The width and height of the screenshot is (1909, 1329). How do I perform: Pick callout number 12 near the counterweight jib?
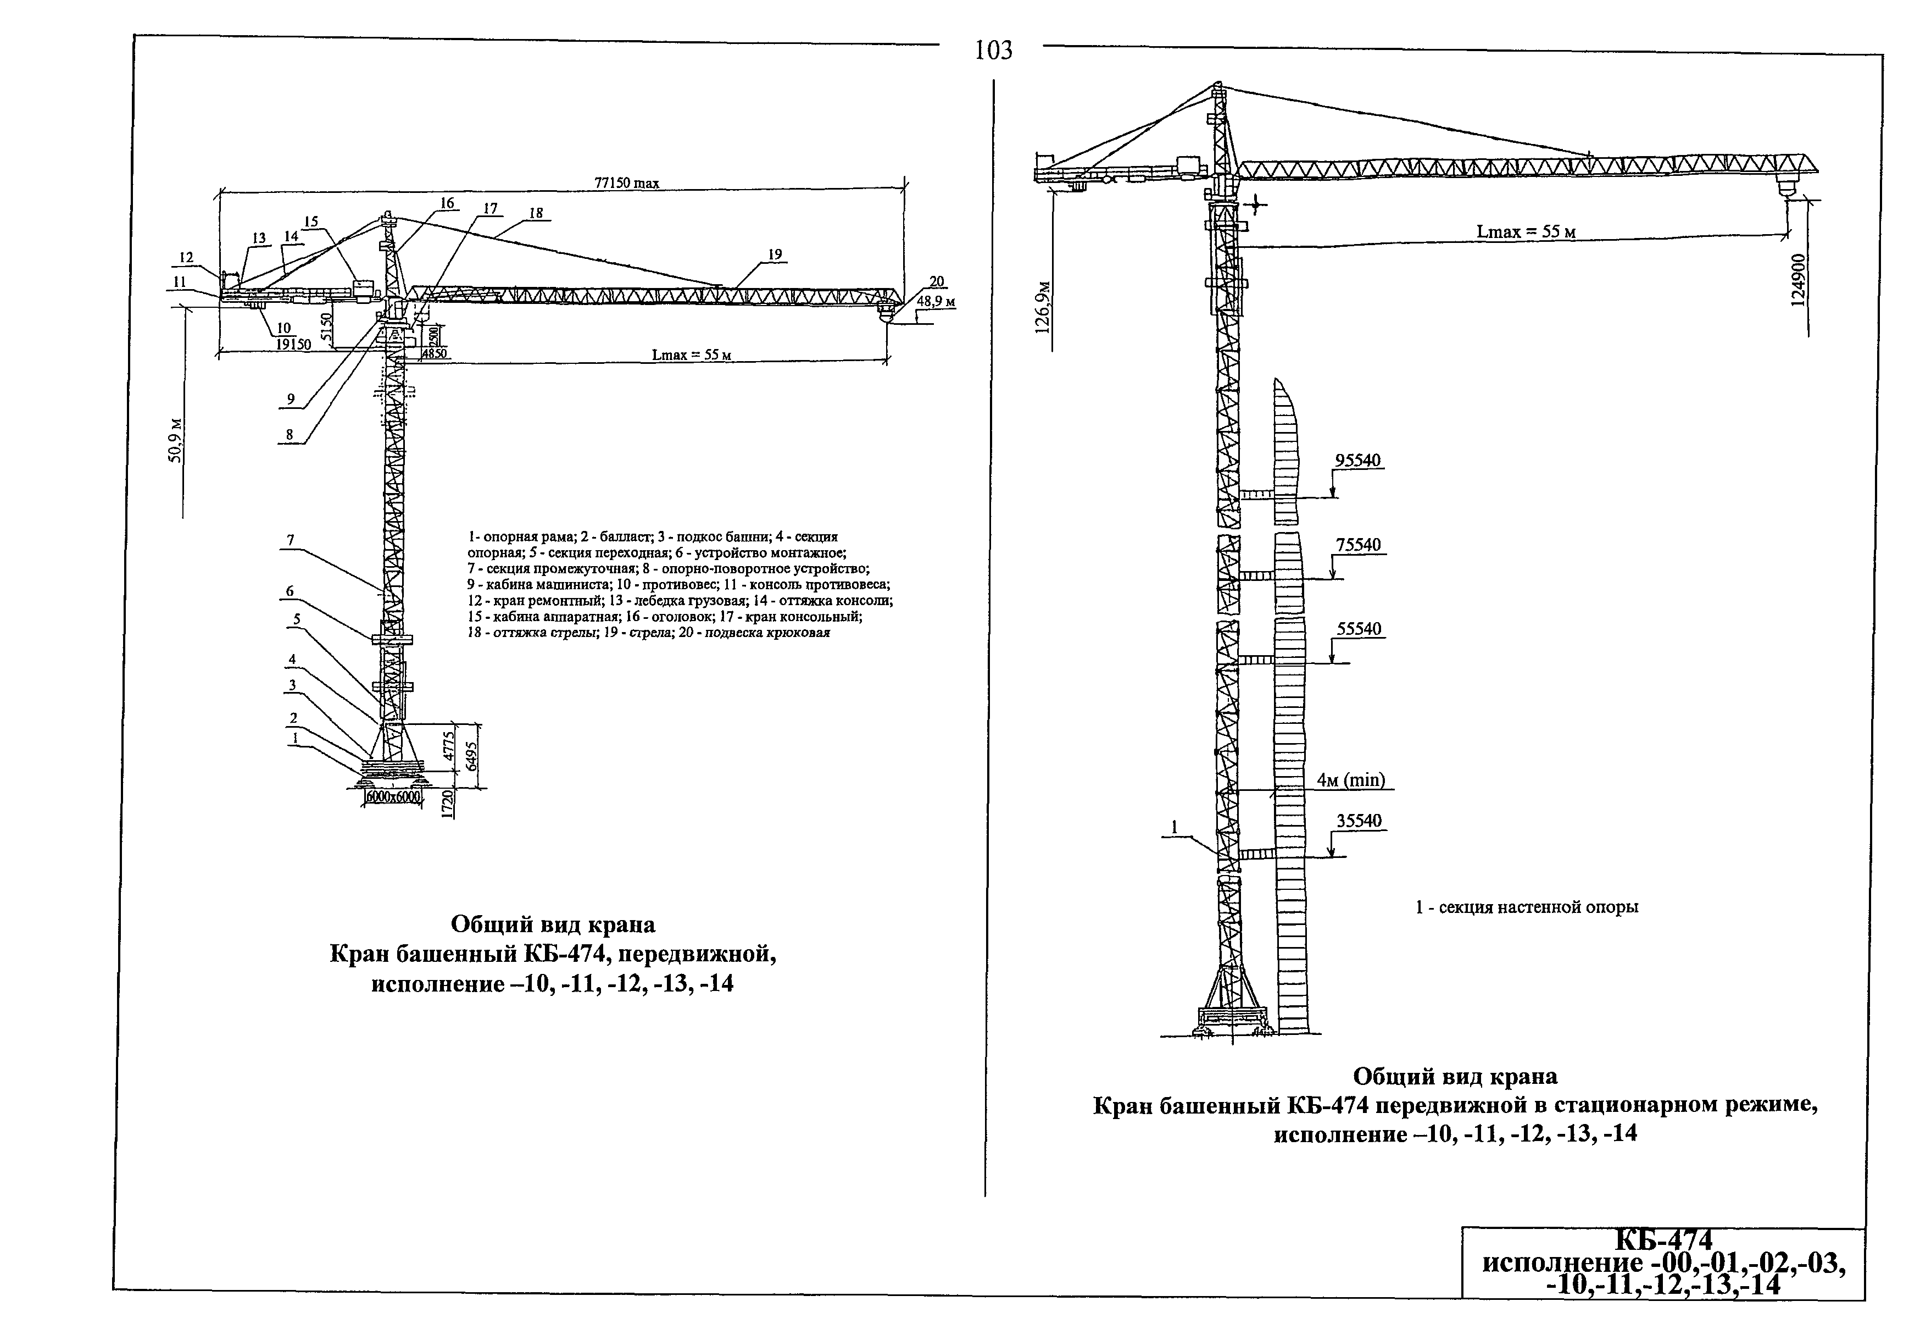(186, 258)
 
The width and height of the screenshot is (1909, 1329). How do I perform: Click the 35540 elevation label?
(1359, 821)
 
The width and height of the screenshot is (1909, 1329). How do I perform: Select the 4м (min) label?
(1351, 779)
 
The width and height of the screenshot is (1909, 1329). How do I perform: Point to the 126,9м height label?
(1043, 308)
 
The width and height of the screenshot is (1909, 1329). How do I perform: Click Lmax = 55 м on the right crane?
(1525, 232)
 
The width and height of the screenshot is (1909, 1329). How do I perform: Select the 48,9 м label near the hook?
(936, 301)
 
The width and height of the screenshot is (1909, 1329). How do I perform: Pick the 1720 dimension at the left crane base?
(447, 805)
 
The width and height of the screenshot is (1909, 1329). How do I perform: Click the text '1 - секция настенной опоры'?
(1527, 907)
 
